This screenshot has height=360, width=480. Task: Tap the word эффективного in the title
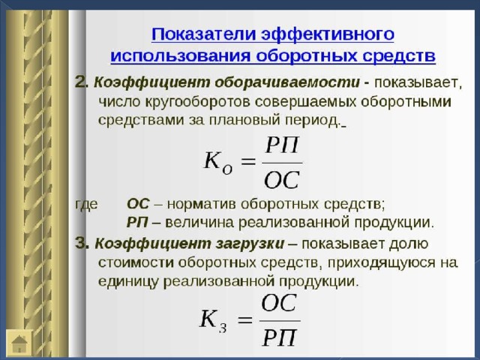(x=328, y=35)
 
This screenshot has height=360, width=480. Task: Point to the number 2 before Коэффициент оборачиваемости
(x=81, y=82)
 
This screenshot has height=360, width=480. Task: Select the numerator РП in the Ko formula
(x=282, y=145)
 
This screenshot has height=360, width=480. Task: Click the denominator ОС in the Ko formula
(x=281, y=180)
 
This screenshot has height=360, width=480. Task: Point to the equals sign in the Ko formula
(x=247, y=161)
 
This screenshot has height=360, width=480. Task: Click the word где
(x=87, y=204)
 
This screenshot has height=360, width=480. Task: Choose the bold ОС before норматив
(x=138, y=204)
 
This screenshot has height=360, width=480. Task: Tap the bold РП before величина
(x=137, y=223)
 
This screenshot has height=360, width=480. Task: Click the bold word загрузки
(x=250, y=244)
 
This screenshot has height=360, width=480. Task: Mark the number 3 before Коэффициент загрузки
(x=82, y=244)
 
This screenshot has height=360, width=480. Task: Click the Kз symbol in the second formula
(x=213, y=320)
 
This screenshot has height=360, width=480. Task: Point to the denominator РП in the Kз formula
(x=280, y=337)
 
